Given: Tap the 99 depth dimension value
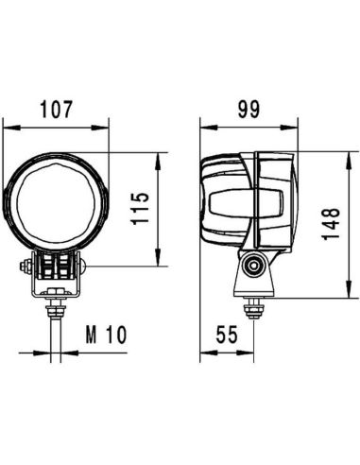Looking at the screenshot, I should pos(249,110).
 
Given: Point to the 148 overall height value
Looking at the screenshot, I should pos(331,227).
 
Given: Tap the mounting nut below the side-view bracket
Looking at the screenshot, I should pos(253,306).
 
